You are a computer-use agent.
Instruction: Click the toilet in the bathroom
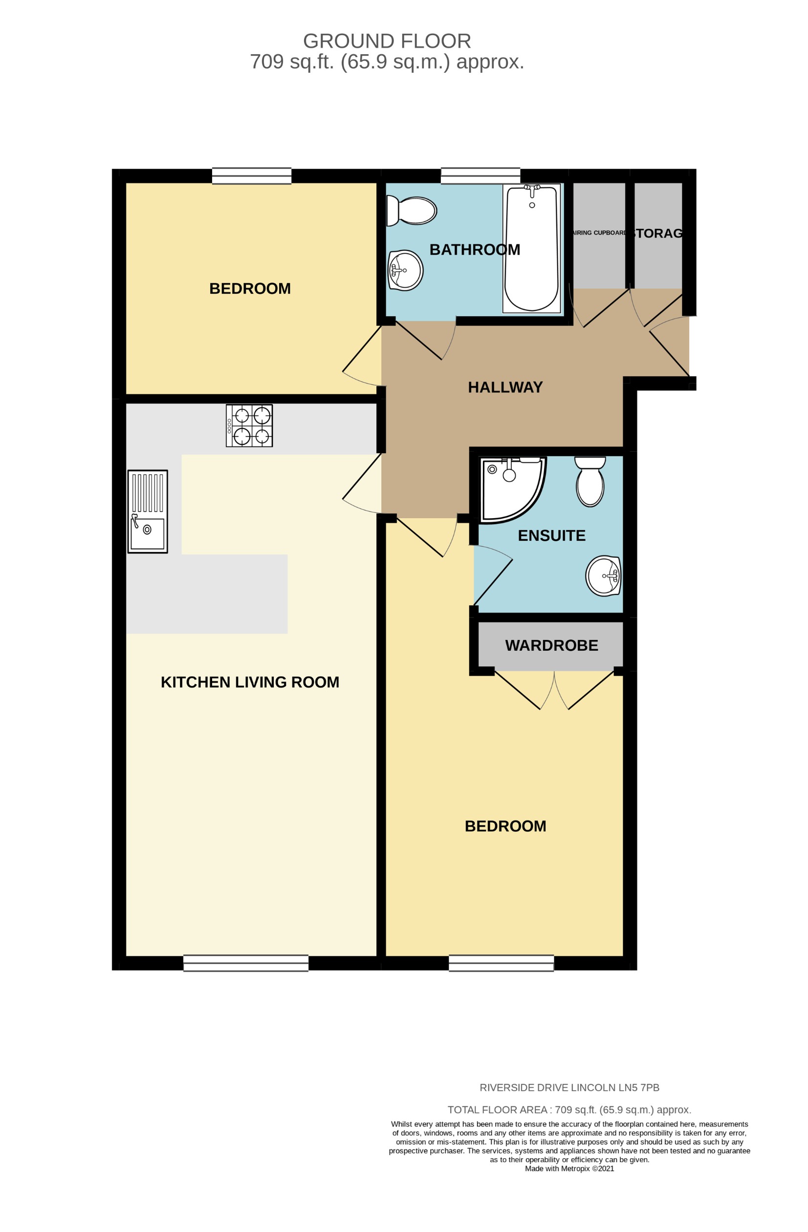pos(412,211)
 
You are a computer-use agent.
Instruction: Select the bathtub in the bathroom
pos(532,248)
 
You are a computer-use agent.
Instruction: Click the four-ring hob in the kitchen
pos(249,425)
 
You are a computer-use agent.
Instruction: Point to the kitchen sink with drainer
pos(148,511)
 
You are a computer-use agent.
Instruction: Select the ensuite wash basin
pos(603,575)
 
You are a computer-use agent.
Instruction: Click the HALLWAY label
pos(504,387)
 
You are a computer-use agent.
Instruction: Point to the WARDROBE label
pos(551,645)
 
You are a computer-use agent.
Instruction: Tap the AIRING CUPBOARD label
pos(599,233)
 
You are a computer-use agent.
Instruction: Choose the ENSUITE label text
pos(551,535)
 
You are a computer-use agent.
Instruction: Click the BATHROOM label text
pos(474,249)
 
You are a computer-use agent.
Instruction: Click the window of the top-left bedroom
pos(252,176)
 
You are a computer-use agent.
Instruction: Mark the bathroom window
pos(480,176)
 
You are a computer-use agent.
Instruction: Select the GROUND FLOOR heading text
pos(387,41)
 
